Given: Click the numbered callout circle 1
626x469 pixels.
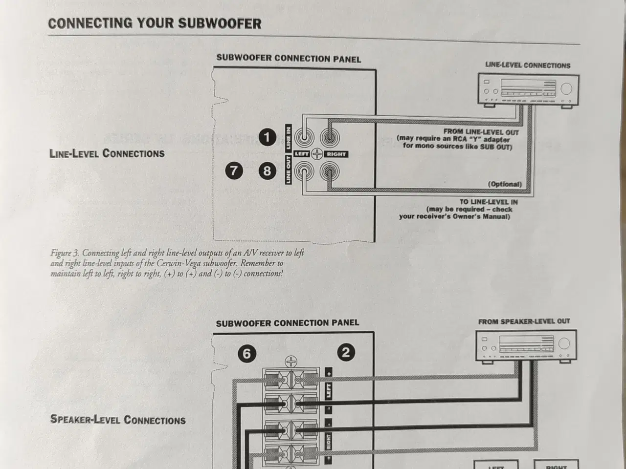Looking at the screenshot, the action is click(267, 137).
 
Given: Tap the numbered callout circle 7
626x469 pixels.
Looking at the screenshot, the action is click(234, 171).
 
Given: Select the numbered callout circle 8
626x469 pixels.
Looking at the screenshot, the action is click(267, 171).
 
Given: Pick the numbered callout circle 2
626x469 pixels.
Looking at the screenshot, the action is click(346, 352).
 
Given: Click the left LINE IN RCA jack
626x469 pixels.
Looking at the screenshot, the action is click(304, 137).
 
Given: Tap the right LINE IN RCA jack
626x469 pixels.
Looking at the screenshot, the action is click(330, 138).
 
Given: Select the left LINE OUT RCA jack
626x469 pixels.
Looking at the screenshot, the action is click(304, 171).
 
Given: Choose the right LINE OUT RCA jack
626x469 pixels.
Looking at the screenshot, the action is click(330, 171).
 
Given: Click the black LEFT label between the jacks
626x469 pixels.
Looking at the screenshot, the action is click(301, 154).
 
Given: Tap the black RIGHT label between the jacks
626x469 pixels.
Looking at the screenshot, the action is click(336, 154).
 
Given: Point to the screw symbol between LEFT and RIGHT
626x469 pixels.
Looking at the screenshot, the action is click(316, 154).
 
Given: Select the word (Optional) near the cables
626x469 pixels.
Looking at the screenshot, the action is click(505, 184).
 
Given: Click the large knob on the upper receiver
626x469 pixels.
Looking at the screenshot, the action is click(566, 89).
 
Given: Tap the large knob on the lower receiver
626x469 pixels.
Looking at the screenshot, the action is click(564, 343).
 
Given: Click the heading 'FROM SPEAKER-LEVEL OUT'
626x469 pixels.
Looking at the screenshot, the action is click(524, 321).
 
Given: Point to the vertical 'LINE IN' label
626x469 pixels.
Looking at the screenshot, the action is click(289, 138).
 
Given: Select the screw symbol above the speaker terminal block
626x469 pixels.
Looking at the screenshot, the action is click(291, 362).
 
